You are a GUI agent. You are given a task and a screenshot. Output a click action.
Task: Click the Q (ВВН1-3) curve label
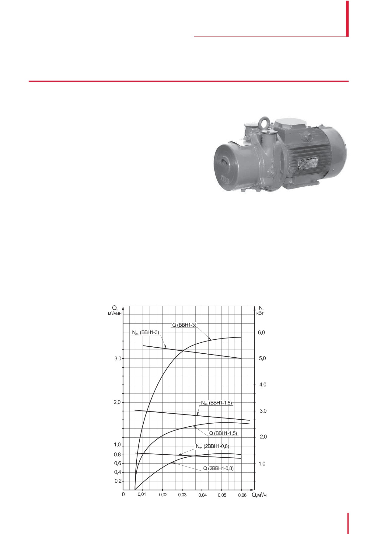184,325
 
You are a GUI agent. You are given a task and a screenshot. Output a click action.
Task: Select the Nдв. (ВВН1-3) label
146,332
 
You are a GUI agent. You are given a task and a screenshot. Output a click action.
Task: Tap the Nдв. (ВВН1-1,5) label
216,403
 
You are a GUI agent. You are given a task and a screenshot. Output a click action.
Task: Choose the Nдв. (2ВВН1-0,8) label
212,446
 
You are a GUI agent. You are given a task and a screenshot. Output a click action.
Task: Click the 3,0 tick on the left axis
118,359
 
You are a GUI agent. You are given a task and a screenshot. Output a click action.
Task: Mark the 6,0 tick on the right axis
262,333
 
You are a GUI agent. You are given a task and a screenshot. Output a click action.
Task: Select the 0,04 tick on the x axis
202,495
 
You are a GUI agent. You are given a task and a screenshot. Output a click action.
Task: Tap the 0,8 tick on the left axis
118,455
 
